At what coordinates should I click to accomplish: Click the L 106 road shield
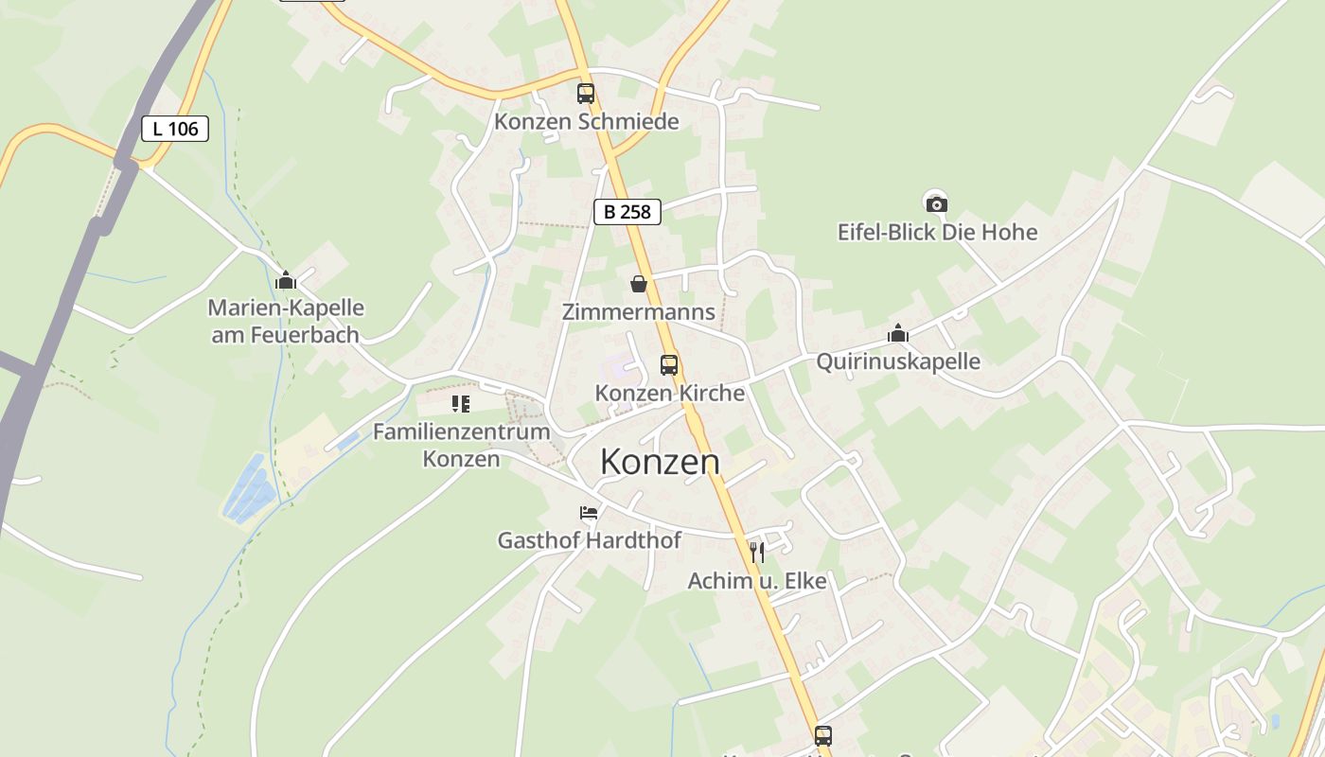(x=175, y=129)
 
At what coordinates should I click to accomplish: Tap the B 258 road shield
(x=627, y=212)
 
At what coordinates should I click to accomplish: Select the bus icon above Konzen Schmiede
(x=586, y=94)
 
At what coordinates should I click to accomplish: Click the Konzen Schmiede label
(x=587, y=122)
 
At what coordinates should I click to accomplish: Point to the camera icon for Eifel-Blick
(x=936, y=202)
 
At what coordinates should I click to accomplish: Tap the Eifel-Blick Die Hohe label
(x=937, y=232)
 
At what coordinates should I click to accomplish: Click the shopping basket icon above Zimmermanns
(x=639, y=284)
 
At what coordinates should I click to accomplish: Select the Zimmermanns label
(x=639, y=312)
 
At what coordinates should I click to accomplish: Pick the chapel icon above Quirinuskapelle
(x=898, y=333)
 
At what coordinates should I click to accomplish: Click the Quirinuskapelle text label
(x=898, y=361)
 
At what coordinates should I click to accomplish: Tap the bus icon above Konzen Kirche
(x=669, y=364)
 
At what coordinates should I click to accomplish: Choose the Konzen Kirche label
(x=669, y=393)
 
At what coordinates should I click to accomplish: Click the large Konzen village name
(x=660, y=462)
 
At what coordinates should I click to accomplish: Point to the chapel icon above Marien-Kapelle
(x=285, y=280)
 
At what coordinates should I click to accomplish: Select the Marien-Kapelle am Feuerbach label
(x=285, y=321)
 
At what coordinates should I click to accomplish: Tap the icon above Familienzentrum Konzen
(x=461, y=404)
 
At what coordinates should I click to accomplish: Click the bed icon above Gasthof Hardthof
(x=589, y=513)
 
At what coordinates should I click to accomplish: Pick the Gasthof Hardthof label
(x=589, y=540)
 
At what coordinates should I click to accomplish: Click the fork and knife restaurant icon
(x=756, y=553)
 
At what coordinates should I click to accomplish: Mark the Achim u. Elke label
(x=756, y=581)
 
